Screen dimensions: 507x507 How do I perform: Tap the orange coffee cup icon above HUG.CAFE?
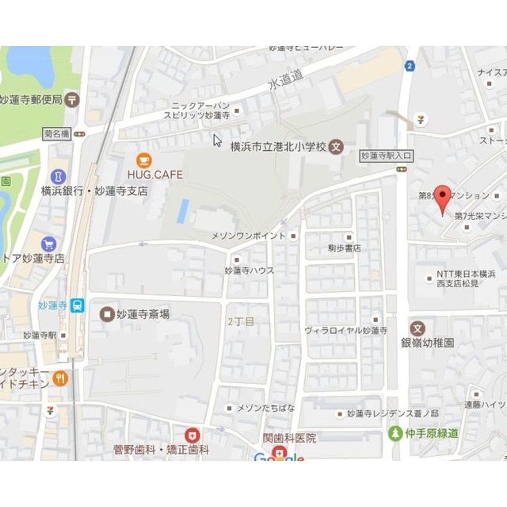click(144, 161)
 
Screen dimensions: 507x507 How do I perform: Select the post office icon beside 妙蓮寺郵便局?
click(73, 99)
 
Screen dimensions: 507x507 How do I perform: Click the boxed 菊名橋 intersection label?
click(56, 134)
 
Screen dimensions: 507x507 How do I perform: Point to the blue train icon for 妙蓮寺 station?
click(78, 306)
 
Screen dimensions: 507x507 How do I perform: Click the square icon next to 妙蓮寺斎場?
click(107, 314)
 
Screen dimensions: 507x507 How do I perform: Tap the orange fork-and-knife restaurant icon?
click(60, 378)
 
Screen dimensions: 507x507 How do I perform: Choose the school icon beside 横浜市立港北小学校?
click(335, 147)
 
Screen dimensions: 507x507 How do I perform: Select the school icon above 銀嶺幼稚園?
click(418, 328)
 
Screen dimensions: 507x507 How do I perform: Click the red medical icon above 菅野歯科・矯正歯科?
click(192, 435)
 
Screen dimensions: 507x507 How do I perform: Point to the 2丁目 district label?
click(241, 321)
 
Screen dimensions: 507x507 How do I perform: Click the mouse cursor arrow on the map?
click(217, 140)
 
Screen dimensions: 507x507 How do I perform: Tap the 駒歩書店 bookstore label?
click(344, 248)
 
